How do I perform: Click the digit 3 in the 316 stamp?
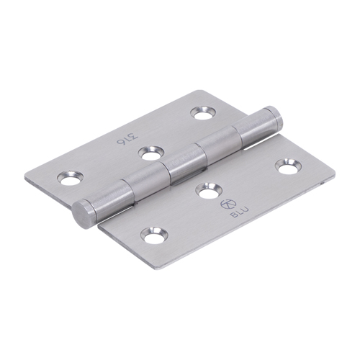point(135,135)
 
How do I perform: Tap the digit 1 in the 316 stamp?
point(127,139)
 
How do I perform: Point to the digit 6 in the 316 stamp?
point(121,142)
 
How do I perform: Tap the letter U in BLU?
point(245,210)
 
